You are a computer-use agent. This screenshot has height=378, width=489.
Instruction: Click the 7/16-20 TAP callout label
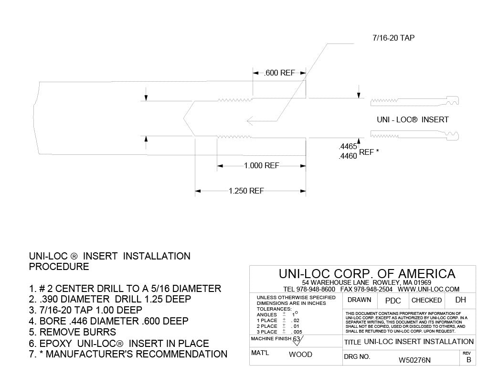(x=393, y=38)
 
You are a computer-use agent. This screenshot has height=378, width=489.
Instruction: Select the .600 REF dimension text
(x=280, y=73)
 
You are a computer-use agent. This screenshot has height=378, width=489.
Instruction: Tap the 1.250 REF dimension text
(x=246, y=191)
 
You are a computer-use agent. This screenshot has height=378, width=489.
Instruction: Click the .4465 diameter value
(x=348, y=147)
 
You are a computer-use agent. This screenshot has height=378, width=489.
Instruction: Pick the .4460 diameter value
(x=348, y=155)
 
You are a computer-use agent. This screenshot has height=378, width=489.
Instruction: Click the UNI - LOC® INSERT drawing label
(x=413, y=119)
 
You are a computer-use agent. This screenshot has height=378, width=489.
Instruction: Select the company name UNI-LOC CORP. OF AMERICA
(x=367, y=274)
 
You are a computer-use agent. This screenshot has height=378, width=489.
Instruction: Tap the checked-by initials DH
(x=460, y=300)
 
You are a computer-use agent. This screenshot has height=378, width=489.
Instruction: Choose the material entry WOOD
(x=300, y=355)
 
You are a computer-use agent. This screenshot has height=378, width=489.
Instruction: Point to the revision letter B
(x=468, y=360)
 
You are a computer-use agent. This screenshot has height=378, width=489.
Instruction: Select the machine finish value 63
(x=296, y=339)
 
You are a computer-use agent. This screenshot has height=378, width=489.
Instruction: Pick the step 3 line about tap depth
(x=85, y=310)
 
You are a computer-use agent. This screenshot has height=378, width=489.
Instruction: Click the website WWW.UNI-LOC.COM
(x=428, y=289)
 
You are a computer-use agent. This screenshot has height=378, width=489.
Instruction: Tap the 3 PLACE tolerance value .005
(x=297, y=332)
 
